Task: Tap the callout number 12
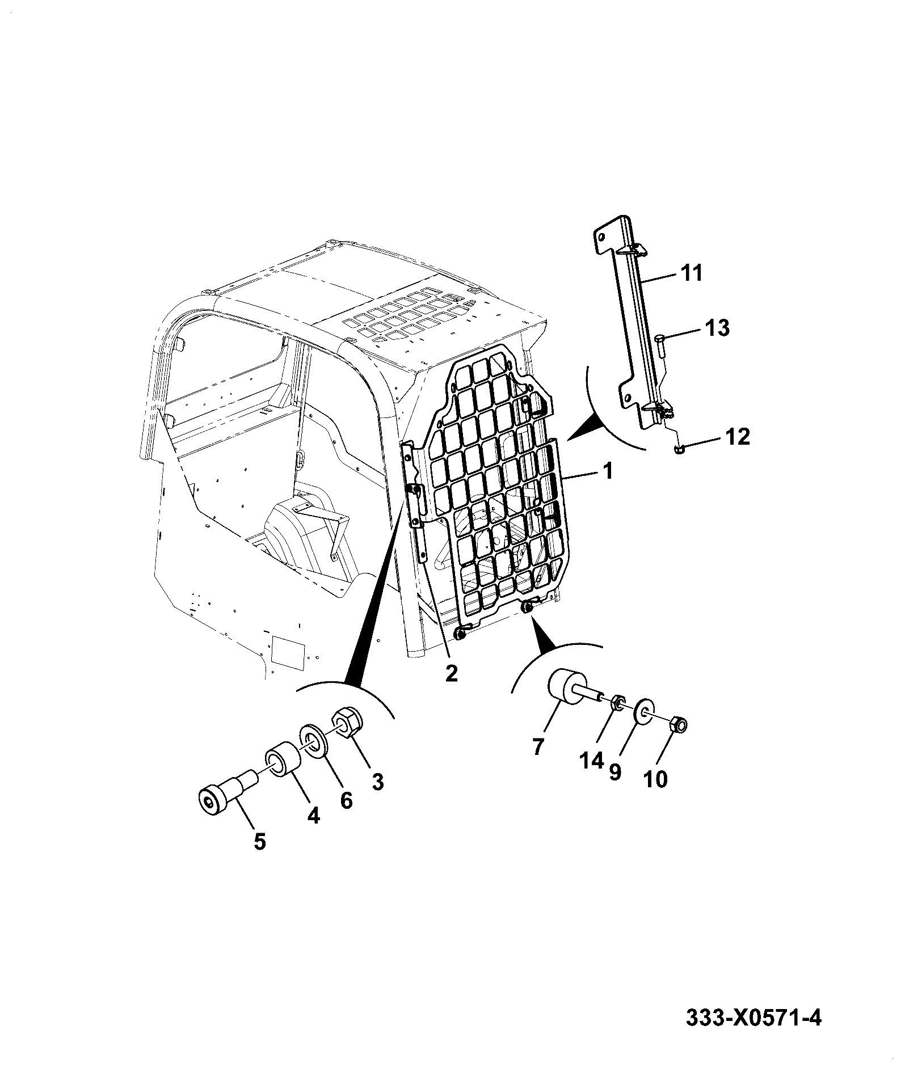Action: tap(736, 437)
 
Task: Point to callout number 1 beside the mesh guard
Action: tap(608, 471)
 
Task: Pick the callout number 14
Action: tap(591, 760)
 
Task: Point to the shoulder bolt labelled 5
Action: tap(227, 791)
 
